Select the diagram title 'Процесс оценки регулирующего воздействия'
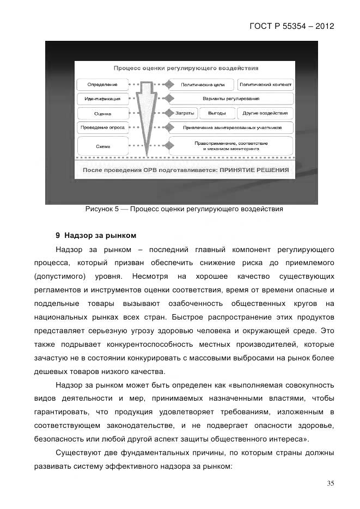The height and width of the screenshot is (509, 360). [186, 69]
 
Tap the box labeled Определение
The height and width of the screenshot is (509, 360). [102, 85]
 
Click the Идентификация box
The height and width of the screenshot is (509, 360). [102, 99]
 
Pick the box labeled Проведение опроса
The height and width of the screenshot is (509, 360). [102, 127]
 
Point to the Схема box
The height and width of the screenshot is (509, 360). [102, 146]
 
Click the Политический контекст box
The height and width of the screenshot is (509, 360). [265, 85]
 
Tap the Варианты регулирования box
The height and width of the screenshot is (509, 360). [230, 99]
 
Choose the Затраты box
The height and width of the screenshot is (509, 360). [184, 113]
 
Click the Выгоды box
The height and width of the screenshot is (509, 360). [217, 113]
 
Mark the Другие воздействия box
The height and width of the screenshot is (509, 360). [265, 113]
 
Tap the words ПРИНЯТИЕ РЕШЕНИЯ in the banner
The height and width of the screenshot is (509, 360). [254, 170]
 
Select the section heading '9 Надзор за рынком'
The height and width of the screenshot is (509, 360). [95, 236]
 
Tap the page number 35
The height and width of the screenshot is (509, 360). [330, 483]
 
